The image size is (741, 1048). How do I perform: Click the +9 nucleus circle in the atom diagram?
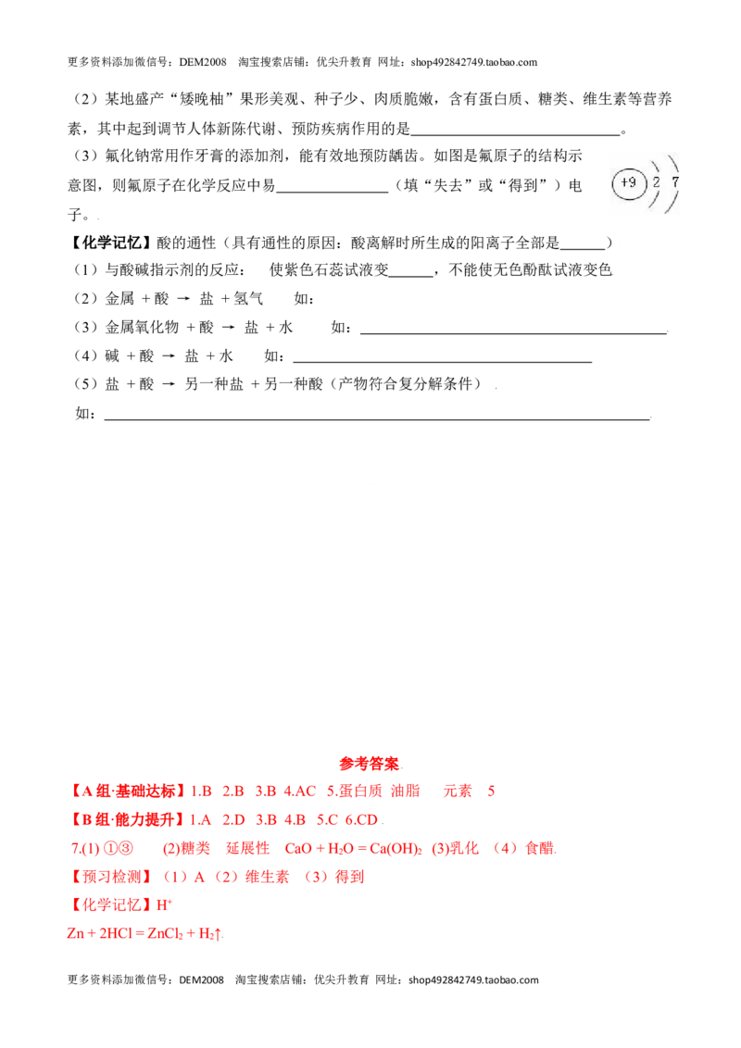click(x=629, y=182)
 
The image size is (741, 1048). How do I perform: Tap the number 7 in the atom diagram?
click(x=675, y=181)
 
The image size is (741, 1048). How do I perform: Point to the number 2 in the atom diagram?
click(x=656, y=181)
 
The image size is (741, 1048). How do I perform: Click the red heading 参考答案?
click(x=369, y=763)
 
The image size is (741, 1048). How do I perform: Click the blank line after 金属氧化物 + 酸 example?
click(x=514, y=332)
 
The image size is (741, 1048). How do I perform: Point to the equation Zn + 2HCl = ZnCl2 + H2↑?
click(x=145, y=933)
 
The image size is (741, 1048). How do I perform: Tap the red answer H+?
click(x=165, y=905)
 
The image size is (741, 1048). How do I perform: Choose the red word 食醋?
click(x=540, y=848)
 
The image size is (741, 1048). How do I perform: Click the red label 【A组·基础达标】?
click(x=126, y=792)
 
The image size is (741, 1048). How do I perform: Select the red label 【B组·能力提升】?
click(x=126, y=820)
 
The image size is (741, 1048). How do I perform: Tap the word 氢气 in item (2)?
click(x=248, y=298)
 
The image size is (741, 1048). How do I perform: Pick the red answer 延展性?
click(x=247, y=848)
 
